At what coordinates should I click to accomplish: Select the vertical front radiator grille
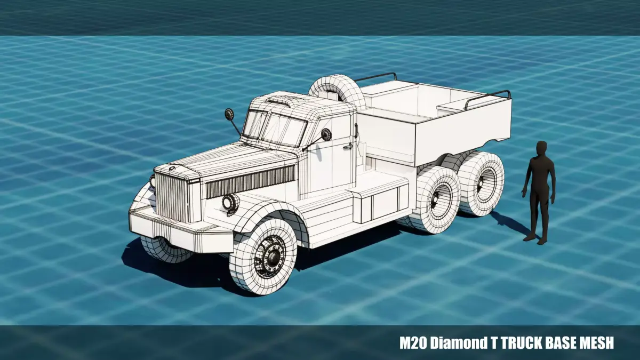pyautogui.click(x=172, y=197)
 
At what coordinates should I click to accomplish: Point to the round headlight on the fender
pyautogui.click(x=230, y=202)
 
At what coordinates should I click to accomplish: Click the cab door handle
pyautogui.click(x=348, y=147)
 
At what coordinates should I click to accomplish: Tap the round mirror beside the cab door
pyautogui.click(x=326, y=134)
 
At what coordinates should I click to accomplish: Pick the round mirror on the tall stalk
pyautogui.click(x=229, y=114)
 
